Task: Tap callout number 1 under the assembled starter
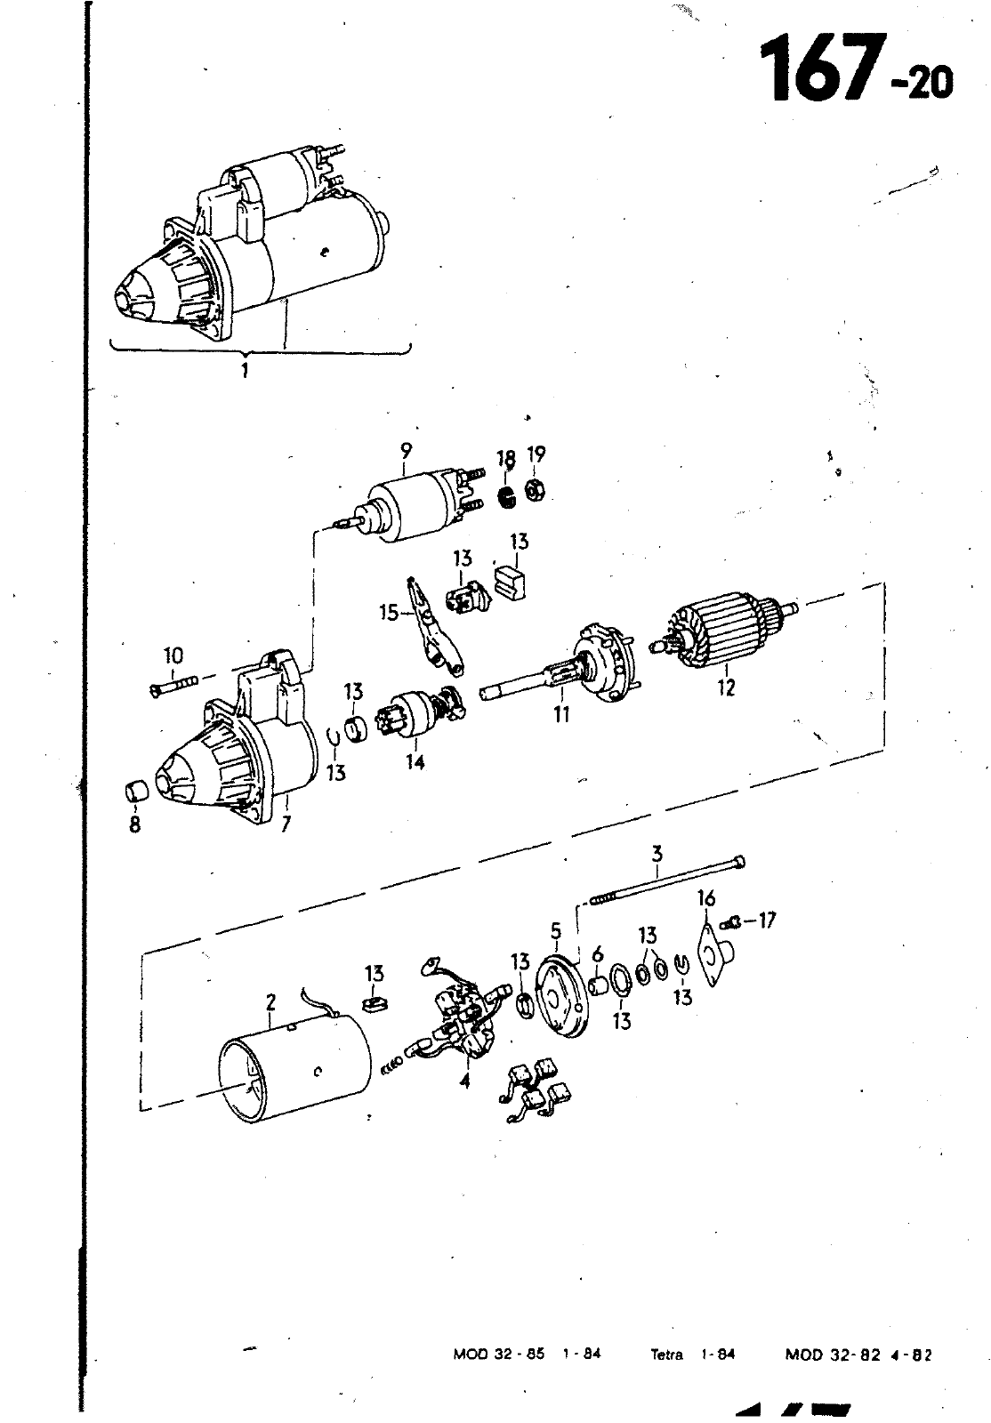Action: [x=245, y=370]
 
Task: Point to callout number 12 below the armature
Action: [x=726, y=687]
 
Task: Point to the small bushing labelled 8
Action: [x=134, y=792]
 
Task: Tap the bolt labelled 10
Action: [x=175, y=686]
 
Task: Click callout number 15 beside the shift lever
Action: [x=389, y=613]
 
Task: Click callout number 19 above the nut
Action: [x=536, y=454]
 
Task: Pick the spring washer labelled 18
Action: [x=506, y=495]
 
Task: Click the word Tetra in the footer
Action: [x=667, y=1353]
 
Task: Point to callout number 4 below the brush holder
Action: [x=465, y=1080]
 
